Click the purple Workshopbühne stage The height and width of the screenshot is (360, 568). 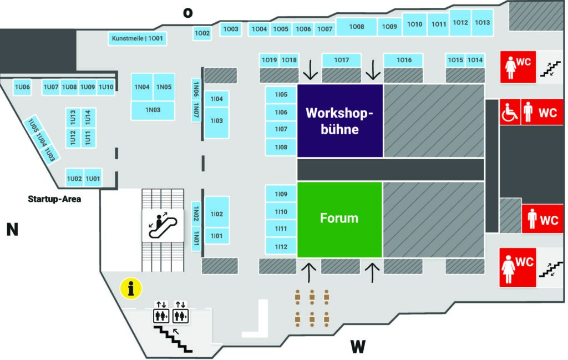(339, 120)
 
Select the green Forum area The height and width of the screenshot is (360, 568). (339, 219)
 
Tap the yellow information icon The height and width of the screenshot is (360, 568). (131, 288)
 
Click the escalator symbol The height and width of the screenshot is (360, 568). (163, 225)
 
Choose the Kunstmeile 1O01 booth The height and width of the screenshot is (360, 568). (137, 38)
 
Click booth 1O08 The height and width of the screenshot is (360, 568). (357, 27)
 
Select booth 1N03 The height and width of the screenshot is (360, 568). (153, 110)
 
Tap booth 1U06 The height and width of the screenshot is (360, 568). (22, 87)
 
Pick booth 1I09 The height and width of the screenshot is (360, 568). (281, 194)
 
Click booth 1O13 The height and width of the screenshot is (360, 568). (482, 23)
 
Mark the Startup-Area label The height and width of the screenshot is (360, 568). (55, 198)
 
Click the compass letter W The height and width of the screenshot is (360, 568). (358, 347)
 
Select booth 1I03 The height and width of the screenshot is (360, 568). (217, 120)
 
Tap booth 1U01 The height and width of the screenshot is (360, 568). (93, 179)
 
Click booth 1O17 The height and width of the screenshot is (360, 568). (342, 60)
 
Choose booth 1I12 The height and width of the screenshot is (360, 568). (281, 246)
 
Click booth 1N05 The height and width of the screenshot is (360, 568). (164, 87)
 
